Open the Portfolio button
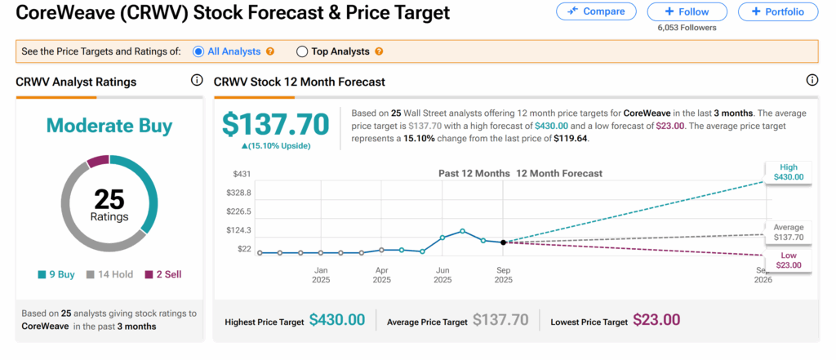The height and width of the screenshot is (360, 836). click(x=777, y=11)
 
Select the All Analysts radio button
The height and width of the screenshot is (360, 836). click(x=198, y=51)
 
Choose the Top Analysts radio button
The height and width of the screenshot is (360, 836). click(x=302, y=51)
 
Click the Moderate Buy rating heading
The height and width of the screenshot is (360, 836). click(x=109, y=125)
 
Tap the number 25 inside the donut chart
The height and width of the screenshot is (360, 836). click(x=109, y=198)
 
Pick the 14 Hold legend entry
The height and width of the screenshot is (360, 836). click(x=110, y=275)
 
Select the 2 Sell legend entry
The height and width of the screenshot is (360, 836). click(x=162, y=275)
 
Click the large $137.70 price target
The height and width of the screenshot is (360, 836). click(x=275, y=124)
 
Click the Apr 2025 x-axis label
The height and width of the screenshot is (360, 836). click(x=381, y=274)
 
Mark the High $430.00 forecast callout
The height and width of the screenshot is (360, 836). click(x=788, y=171)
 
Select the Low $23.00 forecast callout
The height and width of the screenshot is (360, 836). click(x=788, y=261)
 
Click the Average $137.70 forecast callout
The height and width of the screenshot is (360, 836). click(x=788, y=233)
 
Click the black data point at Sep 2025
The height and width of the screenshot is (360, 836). click(x=503, y=242)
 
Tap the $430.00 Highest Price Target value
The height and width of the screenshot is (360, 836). click(x=336, y=320)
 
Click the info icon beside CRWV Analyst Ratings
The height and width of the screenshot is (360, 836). click(x=196, y=81)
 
